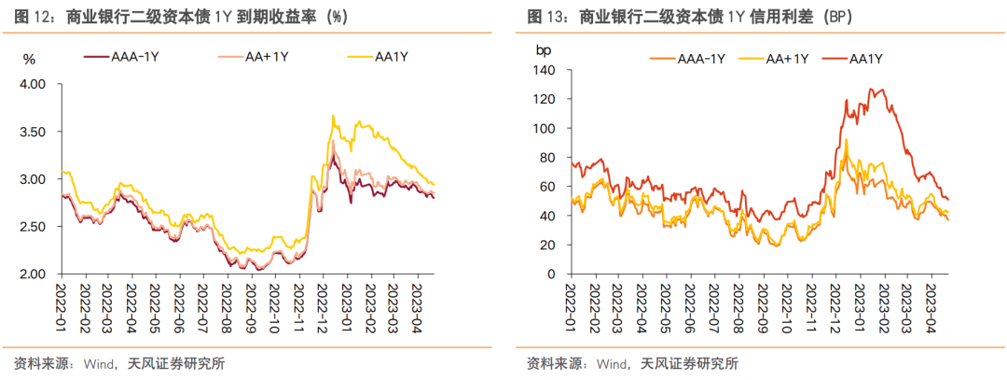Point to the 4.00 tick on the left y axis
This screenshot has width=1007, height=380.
33,84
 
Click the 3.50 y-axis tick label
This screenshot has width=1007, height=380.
33,132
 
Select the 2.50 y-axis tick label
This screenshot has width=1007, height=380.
33,227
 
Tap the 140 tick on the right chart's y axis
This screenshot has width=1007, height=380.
545,71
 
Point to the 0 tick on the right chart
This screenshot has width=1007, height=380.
551,274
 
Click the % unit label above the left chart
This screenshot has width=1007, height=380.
29,60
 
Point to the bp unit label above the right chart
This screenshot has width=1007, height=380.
544,49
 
